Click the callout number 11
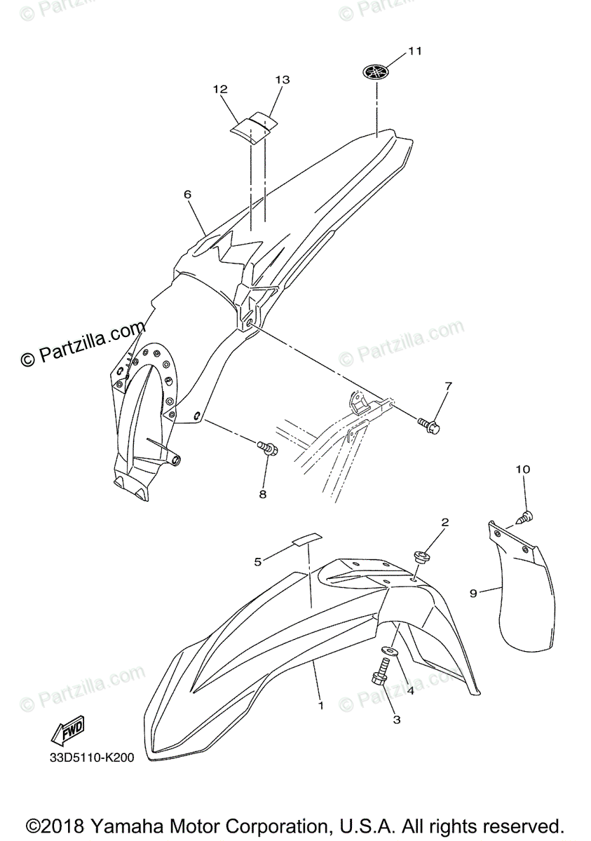(415, 50)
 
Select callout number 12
(221, 89)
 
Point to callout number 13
(282, 80)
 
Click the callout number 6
(188, 194)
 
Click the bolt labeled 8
(268, 448)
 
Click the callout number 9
(473, 593)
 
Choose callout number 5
(258, 561)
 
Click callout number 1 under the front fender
(321, 705)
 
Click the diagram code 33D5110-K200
(91, 758)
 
